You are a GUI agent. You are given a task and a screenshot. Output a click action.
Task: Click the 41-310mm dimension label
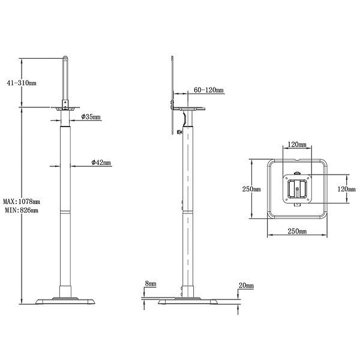pos(22,83)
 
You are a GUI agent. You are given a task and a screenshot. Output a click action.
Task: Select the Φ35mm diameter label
pos(91,117)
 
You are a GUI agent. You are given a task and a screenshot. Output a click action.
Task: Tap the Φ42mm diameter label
pos(101,163)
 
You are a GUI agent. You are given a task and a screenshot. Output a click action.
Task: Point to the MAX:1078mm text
pos(22,202)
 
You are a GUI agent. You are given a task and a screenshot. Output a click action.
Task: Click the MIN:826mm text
pos(22,210)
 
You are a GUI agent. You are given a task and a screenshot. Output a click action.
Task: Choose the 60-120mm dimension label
pos(208,90)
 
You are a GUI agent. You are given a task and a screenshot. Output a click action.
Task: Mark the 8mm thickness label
pos(151,284)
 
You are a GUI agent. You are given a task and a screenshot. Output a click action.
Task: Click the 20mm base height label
pos(246,286)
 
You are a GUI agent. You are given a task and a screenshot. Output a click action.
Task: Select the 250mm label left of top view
pos(251,189)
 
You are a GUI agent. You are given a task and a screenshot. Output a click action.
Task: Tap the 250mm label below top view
pos(297,231)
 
